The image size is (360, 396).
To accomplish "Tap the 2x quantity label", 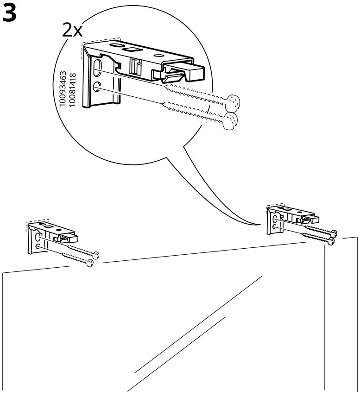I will coord(72,31).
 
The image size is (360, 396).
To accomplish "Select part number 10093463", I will coord(63,90).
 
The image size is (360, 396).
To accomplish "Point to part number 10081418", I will coord(72,90).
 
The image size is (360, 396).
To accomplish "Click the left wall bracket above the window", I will coord(49,236).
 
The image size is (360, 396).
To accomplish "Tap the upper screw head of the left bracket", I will coord(96,254).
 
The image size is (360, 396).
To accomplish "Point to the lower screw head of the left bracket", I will coord(90,263).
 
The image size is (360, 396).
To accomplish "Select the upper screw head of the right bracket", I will coord(334,233).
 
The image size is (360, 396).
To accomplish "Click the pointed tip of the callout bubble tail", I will coord(258,226).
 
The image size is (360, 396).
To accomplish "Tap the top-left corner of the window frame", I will coord(4,274).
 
